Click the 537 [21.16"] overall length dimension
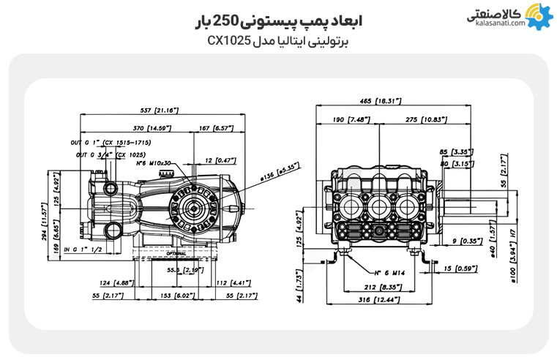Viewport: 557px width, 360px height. tap(159, 110)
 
